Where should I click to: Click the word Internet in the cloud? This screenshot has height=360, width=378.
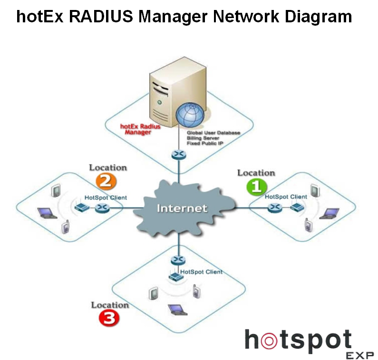coord(182,208)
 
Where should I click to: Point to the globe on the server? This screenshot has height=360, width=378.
coord(190,113)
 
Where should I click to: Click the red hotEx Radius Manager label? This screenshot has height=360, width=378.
coord(140,130)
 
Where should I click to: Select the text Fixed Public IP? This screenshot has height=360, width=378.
coord(205,143)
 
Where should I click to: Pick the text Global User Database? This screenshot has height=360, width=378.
coord(213,133)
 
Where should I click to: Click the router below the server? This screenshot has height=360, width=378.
coord(179,155)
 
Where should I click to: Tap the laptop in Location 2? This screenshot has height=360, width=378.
coord(47,212)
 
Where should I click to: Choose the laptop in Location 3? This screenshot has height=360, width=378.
coord(176,309)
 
